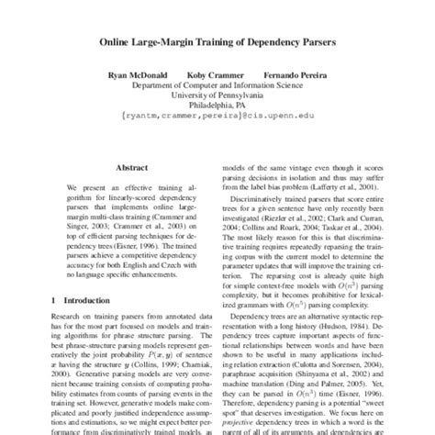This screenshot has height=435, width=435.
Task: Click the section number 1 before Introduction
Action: click(54, 300)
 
